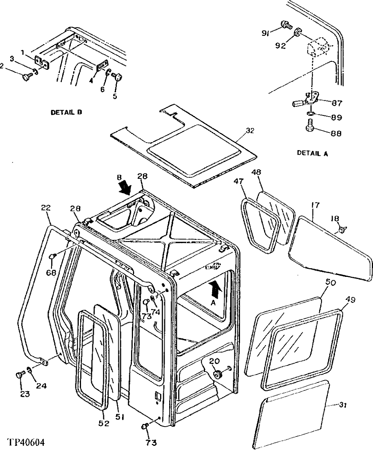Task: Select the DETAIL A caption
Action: (312, 153)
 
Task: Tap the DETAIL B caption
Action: (66, 112)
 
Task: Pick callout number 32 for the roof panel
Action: (249, 131)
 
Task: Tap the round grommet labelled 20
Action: (217, 374)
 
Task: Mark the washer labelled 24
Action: (29, 370)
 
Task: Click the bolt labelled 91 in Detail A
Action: (286, 26)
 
